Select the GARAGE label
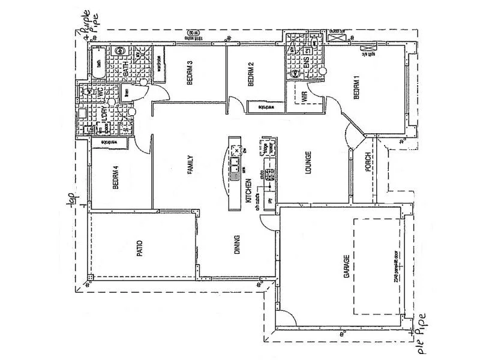(x=346, y=266)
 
